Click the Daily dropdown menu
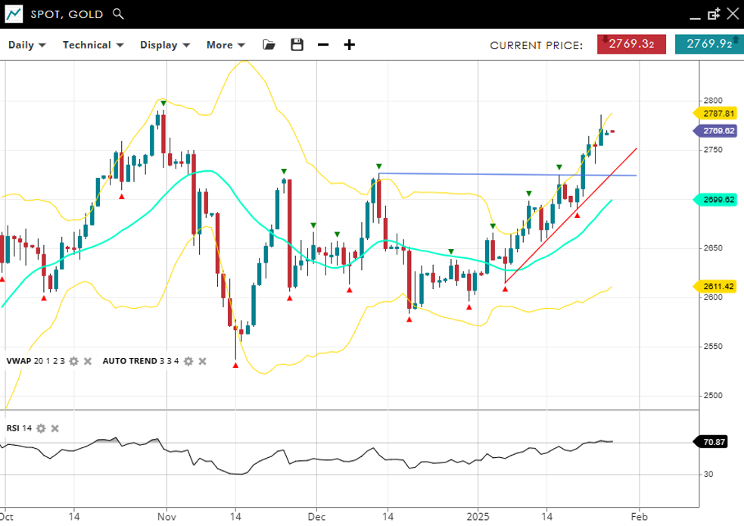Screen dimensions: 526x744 pos(26,45)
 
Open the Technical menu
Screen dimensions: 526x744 pos(92,45)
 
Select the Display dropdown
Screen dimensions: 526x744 pos(164,45)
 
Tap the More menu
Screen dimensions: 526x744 pos(226,45)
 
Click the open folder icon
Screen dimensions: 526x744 pos(269,45)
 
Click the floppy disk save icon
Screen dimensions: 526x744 pos(297,45)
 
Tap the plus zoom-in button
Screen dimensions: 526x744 pos(349,45)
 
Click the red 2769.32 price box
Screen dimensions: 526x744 pos(631,44)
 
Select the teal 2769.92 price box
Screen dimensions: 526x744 pos(708,44)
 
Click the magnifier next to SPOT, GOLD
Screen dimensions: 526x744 pos(117,14)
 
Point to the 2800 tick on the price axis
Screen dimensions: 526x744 pos(712,101)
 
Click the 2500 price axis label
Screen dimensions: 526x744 pos(712,396)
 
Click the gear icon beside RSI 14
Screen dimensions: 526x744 pos(42,428)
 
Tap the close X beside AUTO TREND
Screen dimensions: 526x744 pos(202,361)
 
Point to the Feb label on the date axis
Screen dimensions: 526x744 pos(639,516)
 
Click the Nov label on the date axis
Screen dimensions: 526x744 pos(167,516)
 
